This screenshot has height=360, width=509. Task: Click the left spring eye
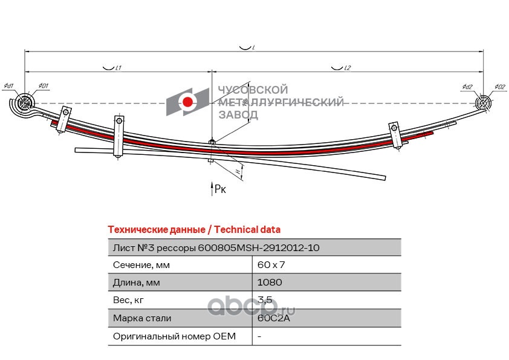(x=25, y=104)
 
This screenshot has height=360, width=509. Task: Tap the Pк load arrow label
(x=220, y=190)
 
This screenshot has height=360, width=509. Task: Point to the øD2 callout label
(x=499, y=87)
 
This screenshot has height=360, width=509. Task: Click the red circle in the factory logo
(x=189, y=102)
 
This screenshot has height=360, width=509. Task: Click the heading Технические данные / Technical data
(x=193, y=230)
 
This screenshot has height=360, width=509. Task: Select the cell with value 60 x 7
(x=271, y=265)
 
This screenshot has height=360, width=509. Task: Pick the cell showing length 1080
(x=270, y=283)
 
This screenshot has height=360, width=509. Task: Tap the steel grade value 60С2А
(x=274, y=318)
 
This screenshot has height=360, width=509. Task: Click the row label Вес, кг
(x=129, y=300)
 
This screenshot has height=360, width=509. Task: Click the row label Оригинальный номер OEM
(x=174, y=335)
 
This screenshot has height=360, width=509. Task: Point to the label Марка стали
(x=142, y=318)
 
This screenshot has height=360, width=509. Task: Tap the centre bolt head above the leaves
(x=211, y=143)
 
